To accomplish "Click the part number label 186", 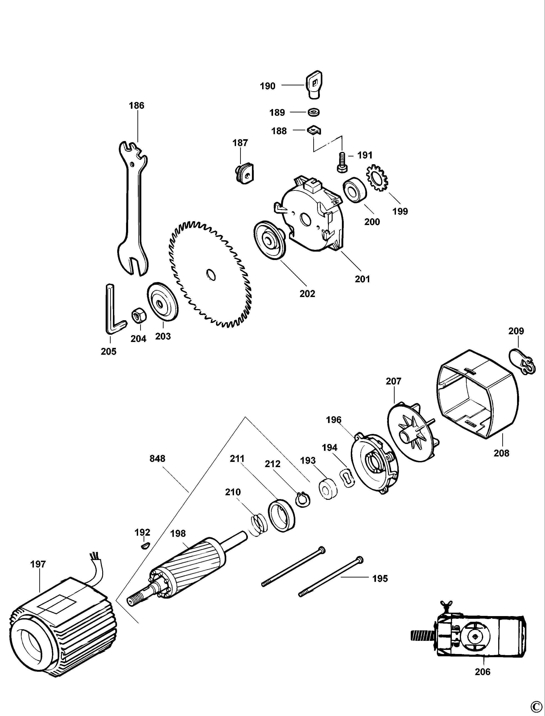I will point(136,106).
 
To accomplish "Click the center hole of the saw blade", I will point(211,274).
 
